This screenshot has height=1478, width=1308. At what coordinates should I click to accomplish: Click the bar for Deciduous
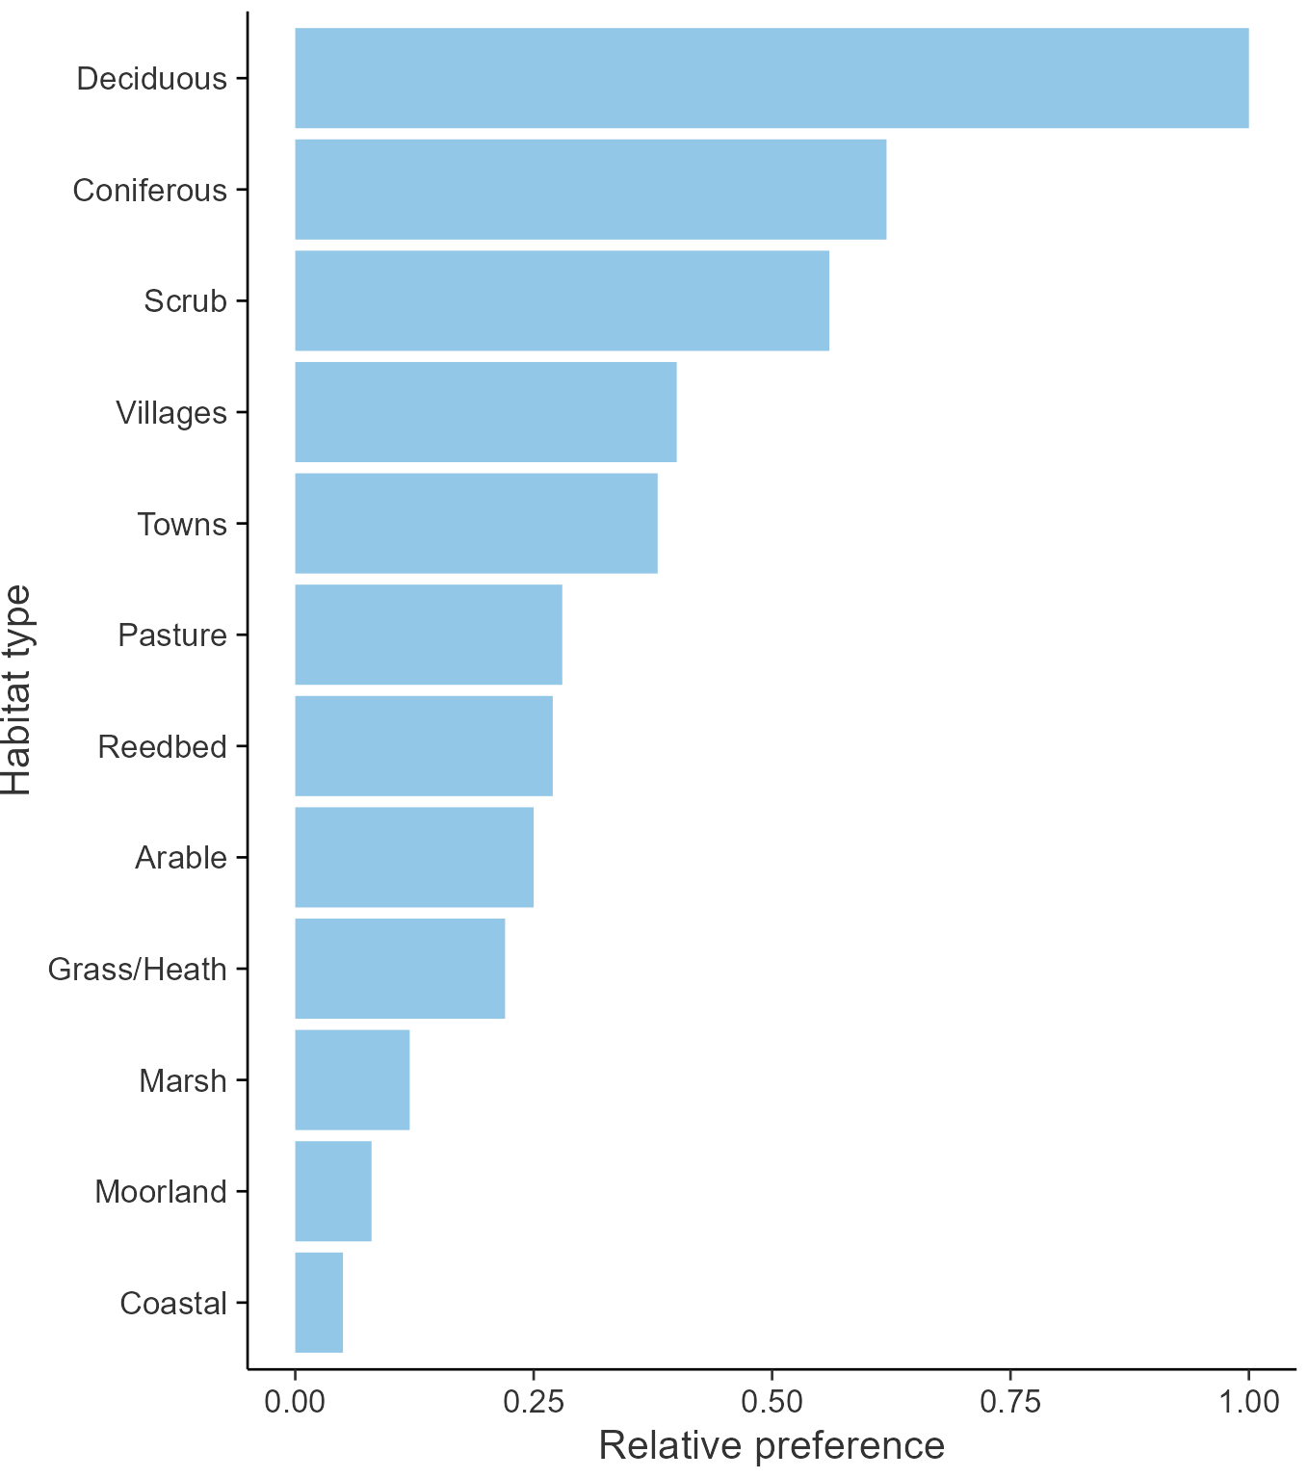(x=771, y=78)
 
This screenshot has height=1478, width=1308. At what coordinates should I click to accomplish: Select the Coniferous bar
(x=590, y=190)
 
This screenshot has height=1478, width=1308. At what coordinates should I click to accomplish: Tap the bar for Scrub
(x=562, y=300)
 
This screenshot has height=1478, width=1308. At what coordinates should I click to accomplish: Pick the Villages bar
(x=485, y=412)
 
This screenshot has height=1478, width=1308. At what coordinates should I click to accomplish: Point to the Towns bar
(x=476, y=524)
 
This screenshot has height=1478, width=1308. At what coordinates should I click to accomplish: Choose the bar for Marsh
(x=353, y=1079)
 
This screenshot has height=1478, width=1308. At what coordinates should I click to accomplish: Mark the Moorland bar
(x=333, y=1191)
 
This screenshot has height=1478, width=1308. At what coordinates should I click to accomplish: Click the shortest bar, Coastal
(x=319, y=1303)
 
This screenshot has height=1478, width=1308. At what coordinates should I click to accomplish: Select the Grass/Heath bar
(x=400, y=969)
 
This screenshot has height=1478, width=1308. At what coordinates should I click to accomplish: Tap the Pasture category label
(x=172, y=635)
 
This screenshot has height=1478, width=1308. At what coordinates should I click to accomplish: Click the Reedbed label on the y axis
(x=162, y=746)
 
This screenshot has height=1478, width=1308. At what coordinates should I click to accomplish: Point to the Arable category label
(x=181, y=858)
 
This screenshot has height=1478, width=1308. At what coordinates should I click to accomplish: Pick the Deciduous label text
(x=152, y=79)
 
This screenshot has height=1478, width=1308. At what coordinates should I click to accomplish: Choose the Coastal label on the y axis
(x=173, y=1304)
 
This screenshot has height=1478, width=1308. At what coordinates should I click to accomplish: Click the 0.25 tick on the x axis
(x=533, y=1401)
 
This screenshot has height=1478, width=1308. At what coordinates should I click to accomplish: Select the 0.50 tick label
(x=772, y=1401)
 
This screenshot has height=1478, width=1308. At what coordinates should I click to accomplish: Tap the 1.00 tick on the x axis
(x=1249, y=1401)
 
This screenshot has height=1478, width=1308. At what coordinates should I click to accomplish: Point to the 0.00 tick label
(x=295, y=1401)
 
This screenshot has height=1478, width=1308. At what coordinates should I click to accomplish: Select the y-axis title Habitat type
(x=17, y=689)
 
